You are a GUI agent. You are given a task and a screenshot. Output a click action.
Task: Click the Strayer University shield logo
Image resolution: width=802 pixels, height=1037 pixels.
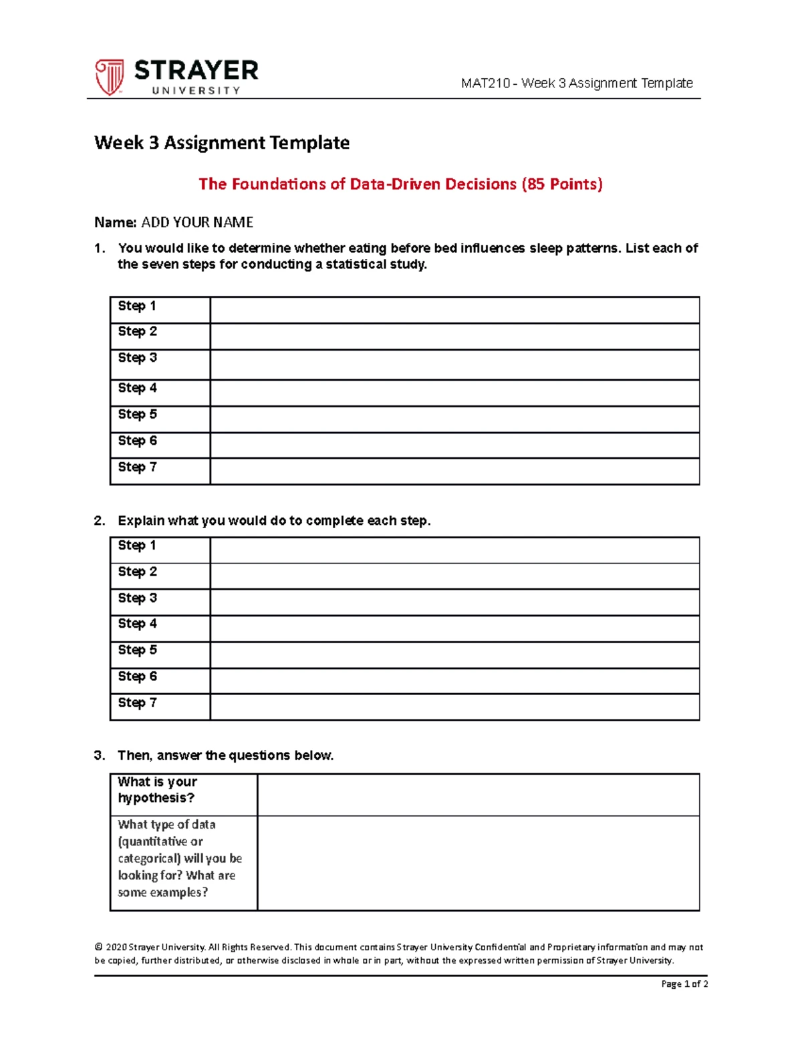[x=109, y=77]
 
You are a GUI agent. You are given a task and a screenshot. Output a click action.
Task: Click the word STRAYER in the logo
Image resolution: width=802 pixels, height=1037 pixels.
[x=196, y=70]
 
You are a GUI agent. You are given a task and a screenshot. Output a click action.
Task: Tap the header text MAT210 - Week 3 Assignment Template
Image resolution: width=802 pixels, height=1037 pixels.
[x=576, y=83]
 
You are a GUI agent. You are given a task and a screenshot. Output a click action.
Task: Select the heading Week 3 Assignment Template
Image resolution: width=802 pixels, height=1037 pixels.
[x=222, y=143]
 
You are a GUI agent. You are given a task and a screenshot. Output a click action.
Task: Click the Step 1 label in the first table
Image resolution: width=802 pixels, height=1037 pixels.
[x=137, y=306]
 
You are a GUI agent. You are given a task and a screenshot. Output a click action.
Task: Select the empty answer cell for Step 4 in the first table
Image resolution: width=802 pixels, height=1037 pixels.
[x=454, y=393]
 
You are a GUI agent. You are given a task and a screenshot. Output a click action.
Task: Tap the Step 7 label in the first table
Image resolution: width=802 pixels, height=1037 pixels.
[x=137, y=467]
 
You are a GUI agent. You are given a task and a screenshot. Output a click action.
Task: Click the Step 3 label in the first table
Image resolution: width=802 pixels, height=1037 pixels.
[x=137, y=357]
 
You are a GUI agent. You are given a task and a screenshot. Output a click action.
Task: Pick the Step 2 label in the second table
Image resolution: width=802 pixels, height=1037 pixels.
[x=137, y=572]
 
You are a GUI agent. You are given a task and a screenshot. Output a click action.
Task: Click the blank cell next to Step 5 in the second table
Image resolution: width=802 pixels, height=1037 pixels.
[x=454, y=654]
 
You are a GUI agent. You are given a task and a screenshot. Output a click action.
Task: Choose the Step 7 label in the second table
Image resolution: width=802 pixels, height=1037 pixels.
[x=137, y=702]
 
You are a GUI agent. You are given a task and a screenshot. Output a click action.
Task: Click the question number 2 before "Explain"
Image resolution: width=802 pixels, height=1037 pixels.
[x=100, y=521]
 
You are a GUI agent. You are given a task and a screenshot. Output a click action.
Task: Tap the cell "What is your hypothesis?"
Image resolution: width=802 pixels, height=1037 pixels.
[x=158, y=790]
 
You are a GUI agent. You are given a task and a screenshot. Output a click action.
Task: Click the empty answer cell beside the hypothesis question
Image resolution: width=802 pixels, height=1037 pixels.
[x=478, y=795]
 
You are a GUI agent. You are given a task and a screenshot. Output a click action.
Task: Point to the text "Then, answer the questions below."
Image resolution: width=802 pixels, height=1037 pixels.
[x=225, y=755]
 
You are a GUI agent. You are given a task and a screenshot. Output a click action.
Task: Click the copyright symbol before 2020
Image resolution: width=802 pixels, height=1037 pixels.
[x=99, y=947]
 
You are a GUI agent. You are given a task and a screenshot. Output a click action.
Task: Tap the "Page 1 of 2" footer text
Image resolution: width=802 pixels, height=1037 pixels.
[x=684, y=984]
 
